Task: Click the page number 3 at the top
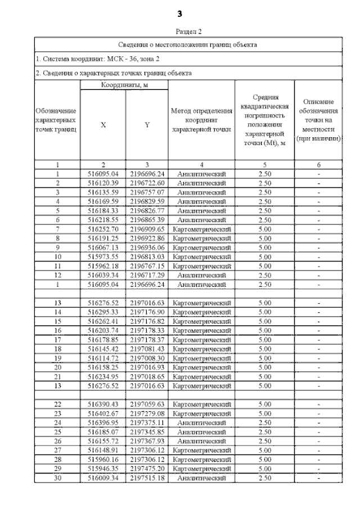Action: click(x=180, y=13)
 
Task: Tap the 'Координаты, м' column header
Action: click(x=124, y=85)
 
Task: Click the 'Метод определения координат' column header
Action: click(x=201, y=119)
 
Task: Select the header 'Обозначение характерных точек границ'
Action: click(x=57, y=120)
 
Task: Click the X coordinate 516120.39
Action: click(x=103, y=183)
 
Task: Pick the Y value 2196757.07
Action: click(x=147, y=192)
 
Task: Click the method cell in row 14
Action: click(x=201, y=312)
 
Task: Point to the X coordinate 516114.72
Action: click(x=103, y=358)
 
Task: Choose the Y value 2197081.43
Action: click(x=147, y=349)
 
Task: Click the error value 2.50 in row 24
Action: click(x=264, y=423)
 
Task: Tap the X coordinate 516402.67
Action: click(x=103, y=414)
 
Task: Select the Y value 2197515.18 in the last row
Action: click(x=147, y=478)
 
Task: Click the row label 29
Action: click(x=57, y=469)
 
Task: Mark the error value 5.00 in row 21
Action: click(x=264, y=376)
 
